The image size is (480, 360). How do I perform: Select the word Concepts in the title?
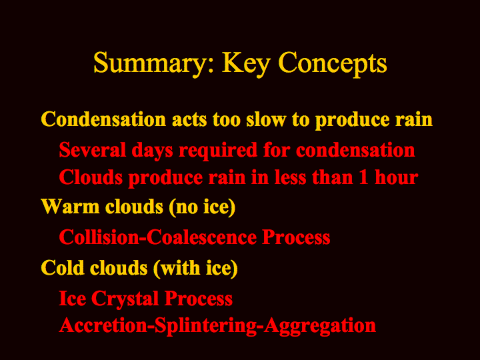(333, 63)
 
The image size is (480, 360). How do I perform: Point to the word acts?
(189, 120)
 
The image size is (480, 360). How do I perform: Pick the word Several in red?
(93, 150)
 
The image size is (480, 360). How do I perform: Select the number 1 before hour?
(364, 177)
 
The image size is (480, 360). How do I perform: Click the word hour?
(397, 177)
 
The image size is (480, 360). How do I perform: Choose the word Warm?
(70, 206)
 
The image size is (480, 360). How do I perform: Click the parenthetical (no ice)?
(202, 207)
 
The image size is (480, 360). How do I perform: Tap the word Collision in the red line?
(99, 237)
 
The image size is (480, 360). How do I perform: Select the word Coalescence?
(202, 237)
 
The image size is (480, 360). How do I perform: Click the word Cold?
(63, 268)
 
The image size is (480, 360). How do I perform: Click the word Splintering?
(205, 326)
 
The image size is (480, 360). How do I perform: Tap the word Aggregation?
(320, 326)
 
